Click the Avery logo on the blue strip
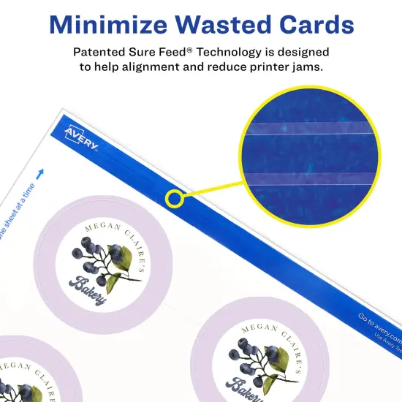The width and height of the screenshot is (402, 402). pos(81,137)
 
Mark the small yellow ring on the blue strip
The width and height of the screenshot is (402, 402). pos(174,197)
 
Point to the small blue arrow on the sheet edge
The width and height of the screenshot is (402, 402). pos(39,173)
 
